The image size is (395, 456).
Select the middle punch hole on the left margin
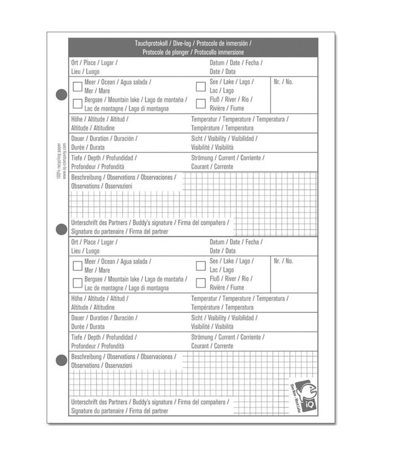(x=61, y=229)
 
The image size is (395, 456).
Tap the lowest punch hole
(x=61, y=361)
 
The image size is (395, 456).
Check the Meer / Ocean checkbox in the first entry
(x=77, y=86)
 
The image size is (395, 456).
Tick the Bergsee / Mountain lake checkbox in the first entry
(x=77, y=103)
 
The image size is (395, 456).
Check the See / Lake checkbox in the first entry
(x=201, y=86)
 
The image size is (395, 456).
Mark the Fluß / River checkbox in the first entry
(x=201, y=103)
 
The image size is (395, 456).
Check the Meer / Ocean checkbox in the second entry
(x=77, y=265)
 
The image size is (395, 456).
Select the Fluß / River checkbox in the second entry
(x=201, y=282)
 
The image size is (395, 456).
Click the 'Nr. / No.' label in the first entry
(x=283, y=81)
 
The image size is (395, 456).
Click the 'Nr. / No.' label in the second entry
(x=283, y=260)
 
